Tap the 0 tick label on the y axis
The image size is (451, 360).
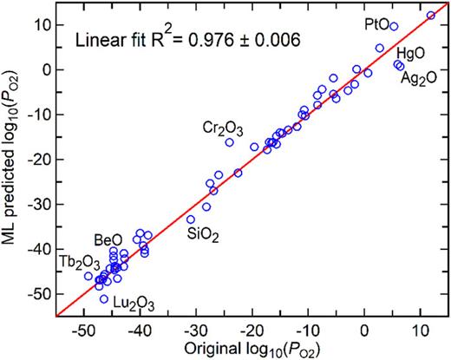49,69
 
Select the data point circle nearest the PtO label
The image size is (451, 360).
394,27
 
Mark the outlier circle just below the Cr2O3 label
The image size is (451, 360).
230,142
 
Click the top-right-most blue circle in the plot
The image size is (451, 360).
431,16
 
